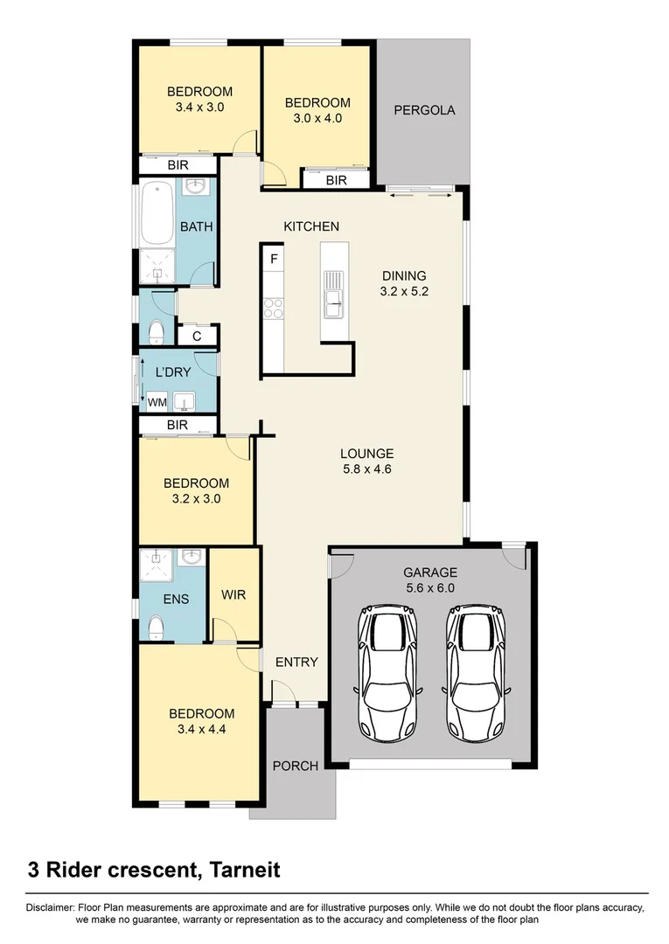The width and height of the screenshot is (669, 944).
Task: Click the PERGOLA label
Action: pos(424,110)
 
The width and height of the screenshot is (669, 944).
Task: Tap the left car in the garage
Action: pos(388,671)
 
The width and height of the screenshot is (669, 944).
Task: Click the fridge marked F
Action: pos(274,259)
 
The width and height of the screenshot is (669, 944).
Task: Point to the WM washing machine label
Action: pos(157,402)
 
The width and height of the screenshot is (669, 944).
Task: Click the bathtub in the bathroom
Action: pos(157,212)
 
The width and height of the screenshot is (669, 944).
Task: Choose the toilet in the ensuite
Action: pos(156,628)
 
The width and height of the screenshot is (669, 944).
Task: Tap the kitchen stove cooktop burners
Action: pos(273,307)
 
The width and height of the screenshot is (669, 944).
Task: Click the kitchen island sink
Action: pos(333,294)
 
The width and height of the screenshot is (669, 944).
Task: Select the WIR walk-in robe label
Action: pos(233,595)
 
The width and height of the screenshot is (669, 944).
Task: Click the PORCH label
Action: pos(295,766)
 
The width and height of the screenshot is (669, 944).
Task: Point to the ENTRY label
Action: pos(296,662)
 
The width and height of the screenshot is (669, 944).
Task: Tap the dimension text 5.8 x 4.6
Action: pos(366,469)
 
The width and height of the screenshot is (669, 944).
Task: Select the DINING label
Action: pos(403,276)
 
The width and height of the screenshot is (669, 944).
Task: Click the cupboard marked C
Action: pos(197,336)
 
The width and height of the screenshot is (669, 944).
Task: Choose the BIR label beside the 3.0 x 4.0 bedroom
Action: pos(336,180)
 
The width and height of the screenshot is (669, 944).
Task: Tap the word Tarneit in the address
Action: pos(242,870)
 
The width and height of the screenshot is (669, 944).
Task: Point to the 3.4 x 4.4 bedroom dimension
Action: pos(201,730)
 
